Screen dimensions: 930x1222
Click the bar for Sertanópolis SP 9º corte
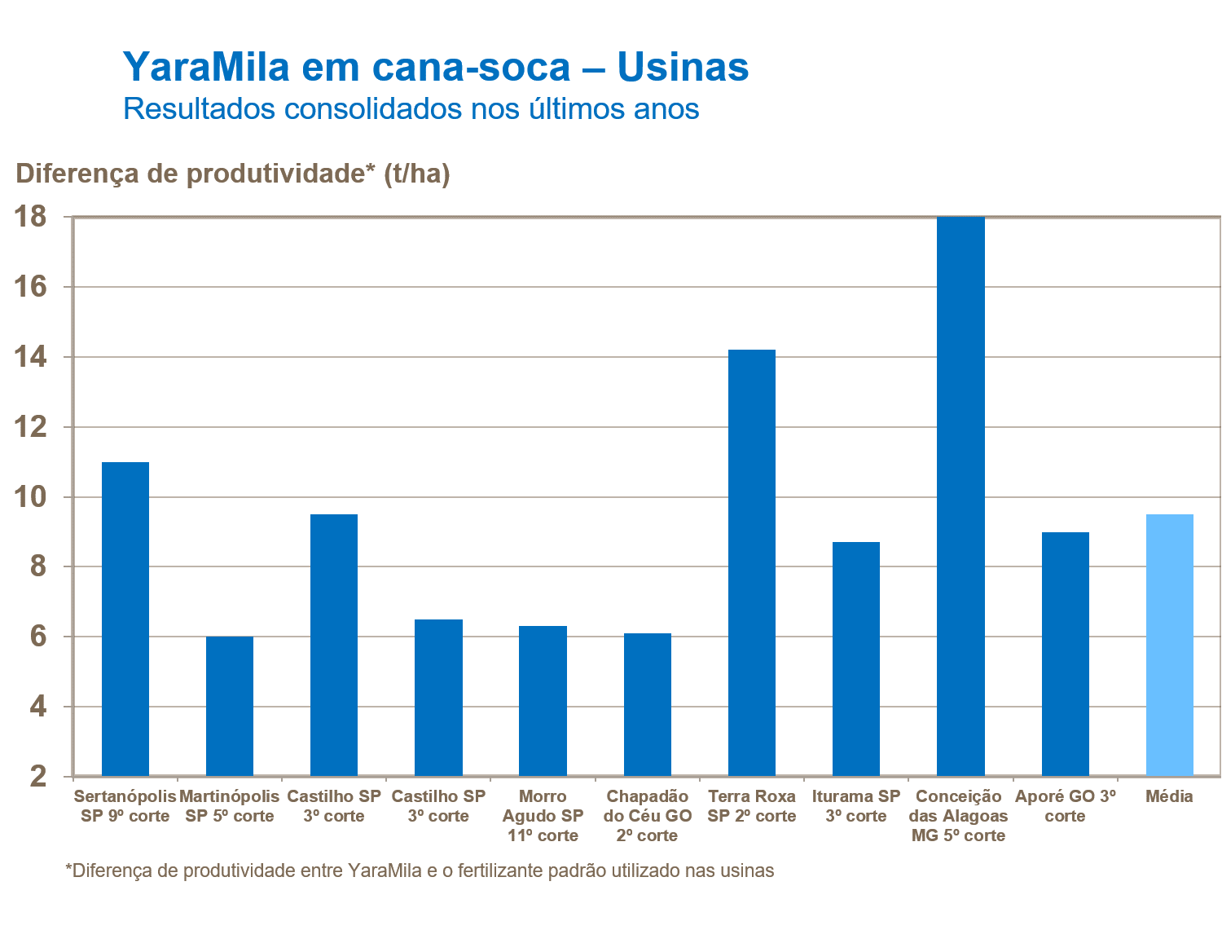(125, 619)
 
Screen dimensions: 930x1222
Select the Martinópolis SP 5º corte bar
(230, 706)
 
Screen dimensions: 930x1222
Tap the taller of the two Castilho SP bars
(334, 645)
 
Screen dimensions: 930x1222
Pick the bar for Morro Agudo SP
(543, 700)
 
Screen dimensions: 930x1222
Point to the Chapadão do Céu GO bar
(648, 704)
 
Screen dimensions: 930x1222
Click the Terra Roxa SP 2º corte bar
(752, 562)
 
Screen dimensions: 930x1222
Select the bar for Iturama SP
(856, 659)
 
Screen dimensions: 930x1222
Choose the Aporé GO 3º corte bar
(1065, 654)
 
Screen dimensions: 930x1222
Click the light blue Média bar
(1169, 645)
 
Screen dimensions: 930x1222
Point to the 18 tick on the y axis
(32, 217)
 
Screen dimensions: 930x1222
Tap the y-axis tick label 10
(32, 497)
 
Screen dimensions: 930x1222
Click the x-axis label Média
(1169, 796)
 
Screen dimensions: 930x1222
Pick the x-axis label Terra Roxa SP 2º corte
(752, 806)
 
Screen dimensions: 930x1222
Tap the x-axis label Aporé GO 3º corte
(1065, 806)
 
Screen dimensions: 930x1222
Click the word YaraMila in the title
(206, 66)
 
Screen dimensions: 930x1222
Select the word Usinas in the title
(683, 66)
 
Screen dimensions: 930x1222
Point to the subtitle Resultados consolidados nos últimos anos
(411, 108)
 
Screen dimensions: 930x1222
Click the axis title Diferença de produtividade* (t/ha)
(233, 174)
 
